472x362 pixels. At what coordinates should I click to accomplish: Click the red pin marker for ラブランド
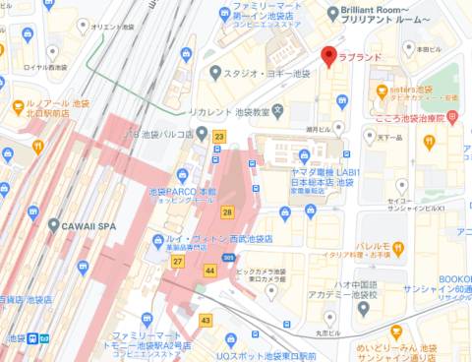coord(329,56)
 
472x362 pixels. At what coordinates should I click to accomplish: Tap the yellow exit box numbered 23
coord(220,137)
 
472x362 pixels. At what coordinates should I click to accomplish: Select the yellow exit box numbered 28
coord(228,211)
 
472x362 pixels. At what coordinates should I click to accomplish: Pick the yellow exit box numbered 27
coord(178,262)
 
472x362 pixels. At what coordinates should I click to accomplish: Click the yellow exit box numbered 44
coord(210,270)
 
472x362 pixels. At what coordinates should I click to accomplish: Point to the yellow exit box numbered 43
coord(206,320)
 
